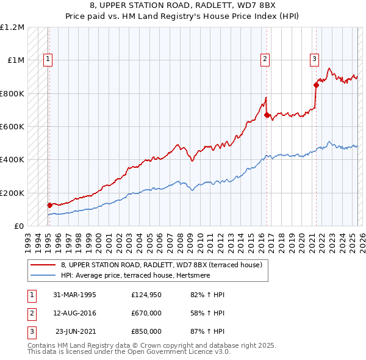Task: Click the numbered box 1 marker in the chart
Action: (x=48, y=59)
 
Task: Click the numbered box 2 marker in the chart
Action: (x=265, y=59)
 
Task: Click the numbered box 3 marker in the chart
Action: (x=314, y=59)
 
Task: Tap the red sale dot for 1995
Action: (x=49, y=205)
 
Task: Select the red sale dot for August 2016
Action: (x=267, y=114)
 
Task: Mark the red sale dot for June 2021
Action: (x=316, y=85)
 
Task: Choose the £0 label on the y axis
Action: (x=19, y=226)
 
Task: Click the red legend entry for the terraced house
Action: (x=161, y=265)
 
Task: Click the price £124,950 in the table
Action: (x=146, y=295)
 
